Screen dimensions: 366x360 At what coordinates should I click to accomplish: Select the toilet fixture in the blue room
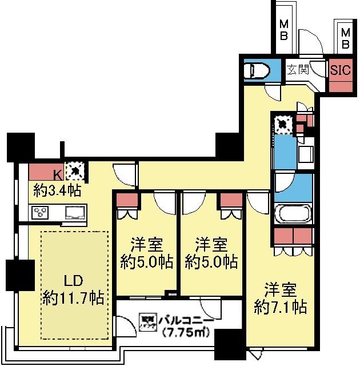click(255, 70)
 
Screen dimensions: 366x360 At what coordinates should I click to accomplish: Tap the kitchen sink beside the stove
click(74, 213)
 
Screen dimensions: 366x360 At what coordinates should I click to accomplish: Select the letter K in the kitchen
click(57, 174)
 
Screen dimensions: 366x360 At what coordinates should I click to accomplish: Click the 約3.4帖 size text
click(55, 190)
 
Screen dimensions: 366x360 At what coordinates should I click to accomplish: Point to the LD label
click(73, 281)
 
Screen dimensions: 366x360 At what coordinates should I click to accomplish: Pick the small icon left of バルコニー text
click(147, 321)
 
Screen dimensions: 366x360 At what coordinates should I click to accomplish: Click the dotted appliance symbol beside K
click(74, 170)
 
